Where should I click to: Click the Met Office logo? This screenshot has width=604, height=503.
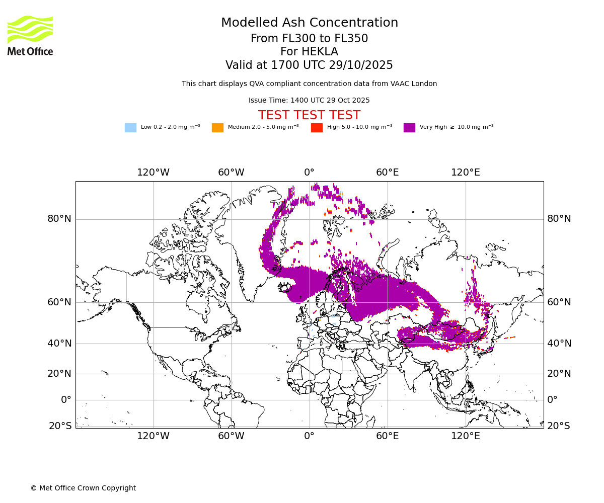30,35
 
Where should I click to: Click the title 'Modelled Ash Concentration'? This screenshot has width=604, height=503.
309,23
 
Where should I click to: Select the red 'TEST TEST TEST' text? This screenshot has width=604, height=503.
309,115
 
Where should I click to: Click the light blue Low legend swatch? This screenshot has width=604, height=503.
130,128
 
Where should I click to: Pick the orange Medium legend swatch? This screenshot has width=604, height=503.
217,128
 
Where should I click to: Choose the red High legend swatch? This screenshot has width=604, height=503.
317,128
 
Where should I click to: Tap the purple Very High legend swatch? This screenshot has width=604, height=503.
409,128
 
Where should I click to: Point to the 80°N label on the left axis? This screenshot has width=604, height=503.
59,219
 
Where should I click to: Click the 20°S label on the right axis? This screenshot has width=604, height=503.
559,426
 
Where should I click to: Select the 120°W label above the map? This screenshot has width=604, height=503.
154,173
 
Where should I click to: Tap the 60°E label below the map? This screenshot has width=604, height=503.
388,436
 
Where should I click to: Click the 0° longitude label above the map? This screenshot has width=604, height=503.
309,173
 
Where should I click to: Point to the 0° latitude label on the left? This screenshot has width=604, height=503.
66,400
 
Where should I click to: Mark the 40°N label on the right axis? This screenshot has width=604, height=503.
559,344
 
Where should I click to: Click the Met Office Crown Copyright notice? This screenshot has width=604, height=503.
83,488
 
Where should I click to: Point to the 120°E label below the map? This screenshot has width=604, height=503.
466,436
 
